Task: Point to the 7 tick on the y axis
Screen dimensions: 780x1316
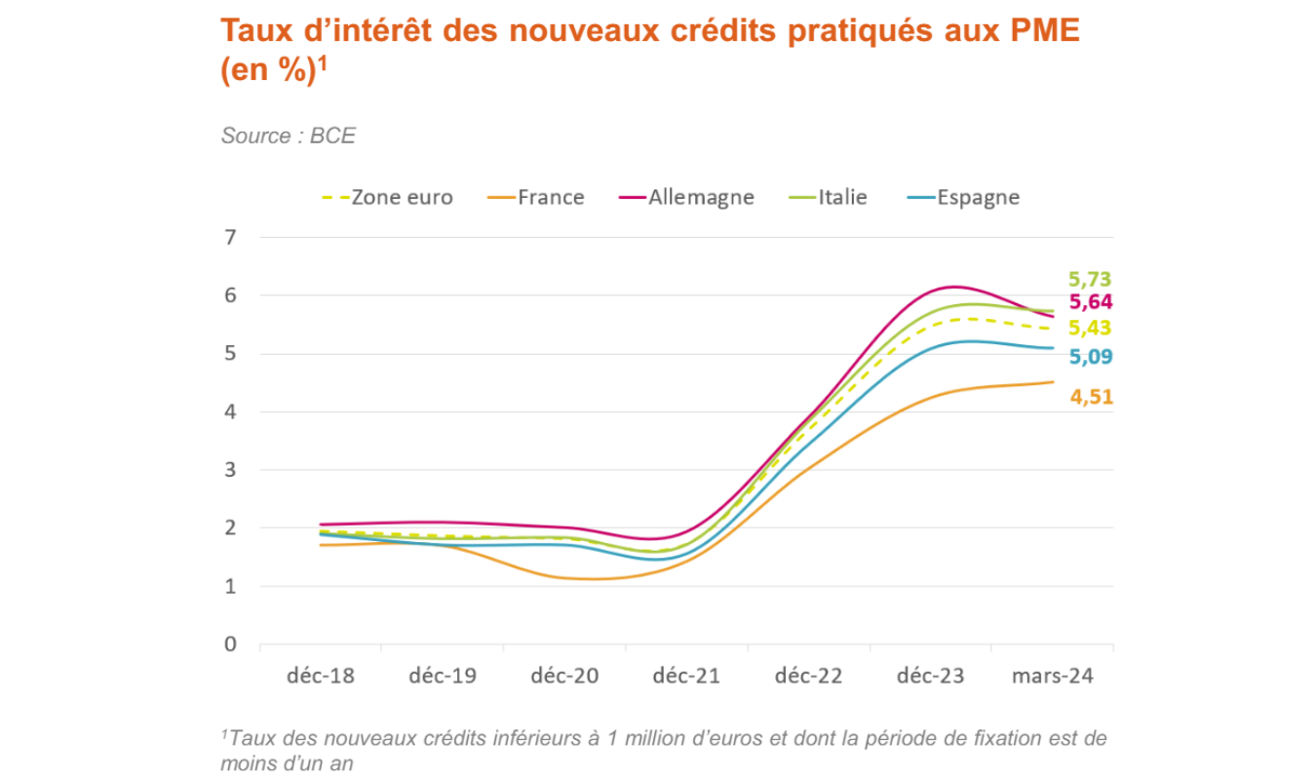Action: [230, 237]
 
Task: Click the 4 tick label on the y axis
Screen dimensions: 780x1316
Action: [230, 411]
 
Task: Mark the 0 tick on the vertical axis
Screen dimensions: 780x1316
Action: [230, 644]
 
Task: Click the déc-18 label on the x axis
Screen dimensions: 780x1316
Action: [322, 676]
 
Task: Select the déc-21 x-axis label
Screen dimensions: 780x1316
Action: [686, 676]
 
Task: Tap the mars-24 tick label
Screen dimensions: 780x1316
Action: [1052, 676]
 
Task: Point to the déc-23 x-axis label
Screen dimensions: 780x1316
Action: [930, 676]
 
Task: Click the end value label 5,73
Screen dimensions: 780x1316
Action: [1090, 280]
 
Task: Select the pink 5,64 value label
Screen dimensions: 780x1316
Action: [1090, 302]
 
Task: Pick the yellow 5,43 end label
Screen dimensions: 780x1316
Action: [1090, 328]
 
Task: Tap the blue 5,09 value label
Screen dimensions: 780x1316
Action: [1090, 357]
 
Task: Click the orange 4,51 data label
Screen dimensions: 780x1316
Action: [1090, 397]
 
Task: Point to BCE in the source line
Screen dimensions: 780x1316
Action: [332, 136]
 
